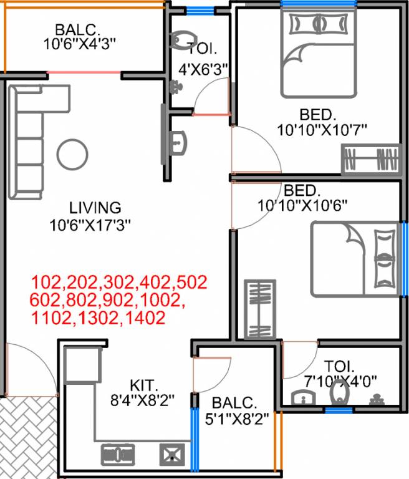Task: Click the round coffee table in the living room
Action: coord(72,153)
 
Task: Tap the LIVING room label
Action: coord(95,207)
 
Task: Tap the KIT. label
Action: coord(144,385)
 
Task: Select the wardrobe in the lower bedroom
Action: coord(260,310)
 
